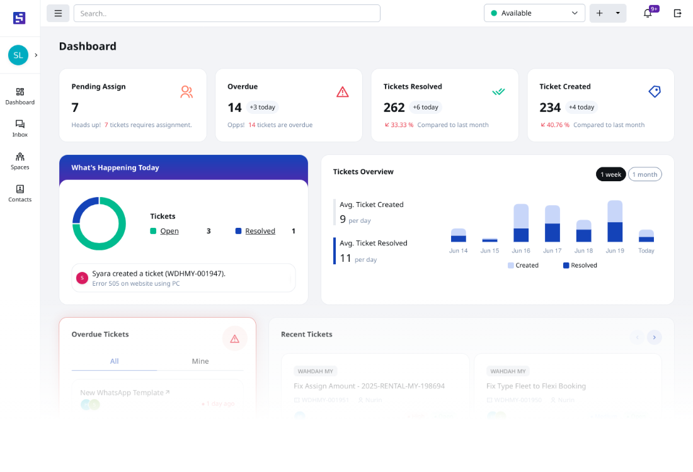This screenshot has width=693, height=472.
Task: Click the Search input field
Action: pos(227,13)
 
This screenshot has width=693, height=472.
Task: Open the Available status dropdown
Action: pos(534,13)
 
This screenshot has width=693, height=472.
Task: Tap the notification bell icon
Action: pos(648,13)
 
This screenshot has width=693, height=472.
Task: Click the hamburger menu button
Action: pos(58,13)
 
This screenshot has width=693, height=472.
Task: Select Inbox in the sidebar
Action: pos(20,128)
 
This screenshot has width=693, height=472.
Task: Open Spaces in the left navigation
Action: pos(20,160)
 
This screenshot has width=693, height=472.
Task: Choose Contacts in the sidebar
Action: pos(20,193)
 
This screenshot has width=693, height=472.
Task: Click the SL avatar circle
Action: pos(18,55)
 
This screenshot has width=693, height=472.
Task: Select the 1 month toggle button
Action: pos(644,174)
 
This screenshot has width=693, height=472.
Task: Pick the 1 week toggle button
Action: pos(610,174)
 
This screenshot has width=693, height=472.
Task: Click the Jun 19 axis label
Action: pos(615,250)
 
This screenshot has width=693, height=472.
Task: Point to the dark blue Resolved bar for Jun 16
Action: pos(521,235)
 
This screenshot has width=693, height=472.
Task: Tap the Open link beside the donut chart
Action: pos(169,231)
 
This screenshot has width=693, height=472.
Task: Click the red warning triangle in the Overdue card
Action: pos(342,92)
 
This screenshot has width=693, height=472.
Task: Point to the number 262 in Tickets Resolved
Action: pos(394,108)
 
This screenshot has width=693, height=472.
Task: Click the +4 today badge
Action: pos(581,107)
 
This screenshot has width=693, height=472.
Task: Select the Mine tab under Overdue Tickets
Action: pos(200,361)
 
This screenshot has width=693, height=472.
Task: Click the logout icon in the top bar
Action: pos(678,13)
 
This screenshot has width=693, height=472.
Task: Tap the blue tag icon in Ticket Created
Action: pos(655,92)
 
